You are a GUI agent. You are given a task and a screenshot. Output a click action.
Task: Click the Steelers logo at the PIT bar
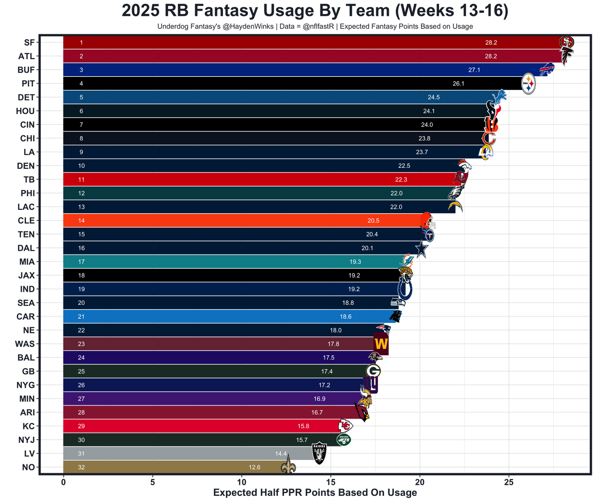pos(528,84)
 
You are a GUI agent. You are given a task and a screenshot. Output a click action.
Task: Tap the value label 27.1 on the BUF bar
pos(474,70)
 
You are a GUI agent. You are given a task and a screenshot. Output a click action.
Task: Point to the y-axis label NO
pos(28,468)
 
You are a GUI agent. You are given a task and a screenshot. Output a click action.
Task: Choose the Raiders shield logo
pos(319,453)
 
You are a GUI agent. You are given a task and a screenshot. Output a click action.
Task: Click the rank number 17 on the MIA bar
pos(81,262)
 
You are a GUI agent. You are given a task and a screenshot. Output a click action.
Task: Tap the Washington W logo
pos(381,344)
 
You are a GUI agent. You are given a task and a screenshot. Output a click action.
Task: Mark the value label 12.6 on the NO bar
pos(254,468)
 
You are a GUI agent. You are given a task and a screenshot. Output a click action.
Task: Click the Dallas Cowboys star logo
pos(421,248)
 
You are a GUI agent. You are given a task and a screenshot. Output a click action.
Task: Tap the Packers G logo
pos(373,371)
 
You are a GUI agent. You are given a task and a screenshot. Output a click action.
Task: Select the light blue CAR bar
pos(210,316)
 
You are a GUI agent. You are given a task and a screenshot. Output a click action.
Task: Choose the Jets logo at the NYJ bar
pos(344,439)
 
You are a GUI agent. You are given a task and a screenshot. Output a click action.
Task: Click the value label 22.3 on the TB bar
pos(401,179)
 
